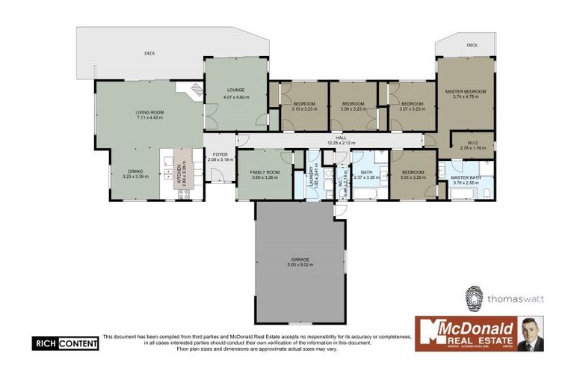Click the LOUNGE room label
236,91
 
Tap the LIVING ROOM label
149,113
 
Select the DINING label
135,171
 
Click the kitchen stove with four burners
182,193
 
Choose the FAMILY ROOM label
264,173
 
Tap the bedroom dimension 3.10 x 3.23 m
304,109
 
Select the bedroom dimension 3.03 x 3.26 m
412,178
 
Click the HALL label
341,138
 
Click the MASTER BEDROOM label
466,92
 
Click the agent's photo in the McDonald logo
531,334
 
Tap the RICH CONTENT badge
65,343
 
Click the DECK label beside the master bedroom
472,46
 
